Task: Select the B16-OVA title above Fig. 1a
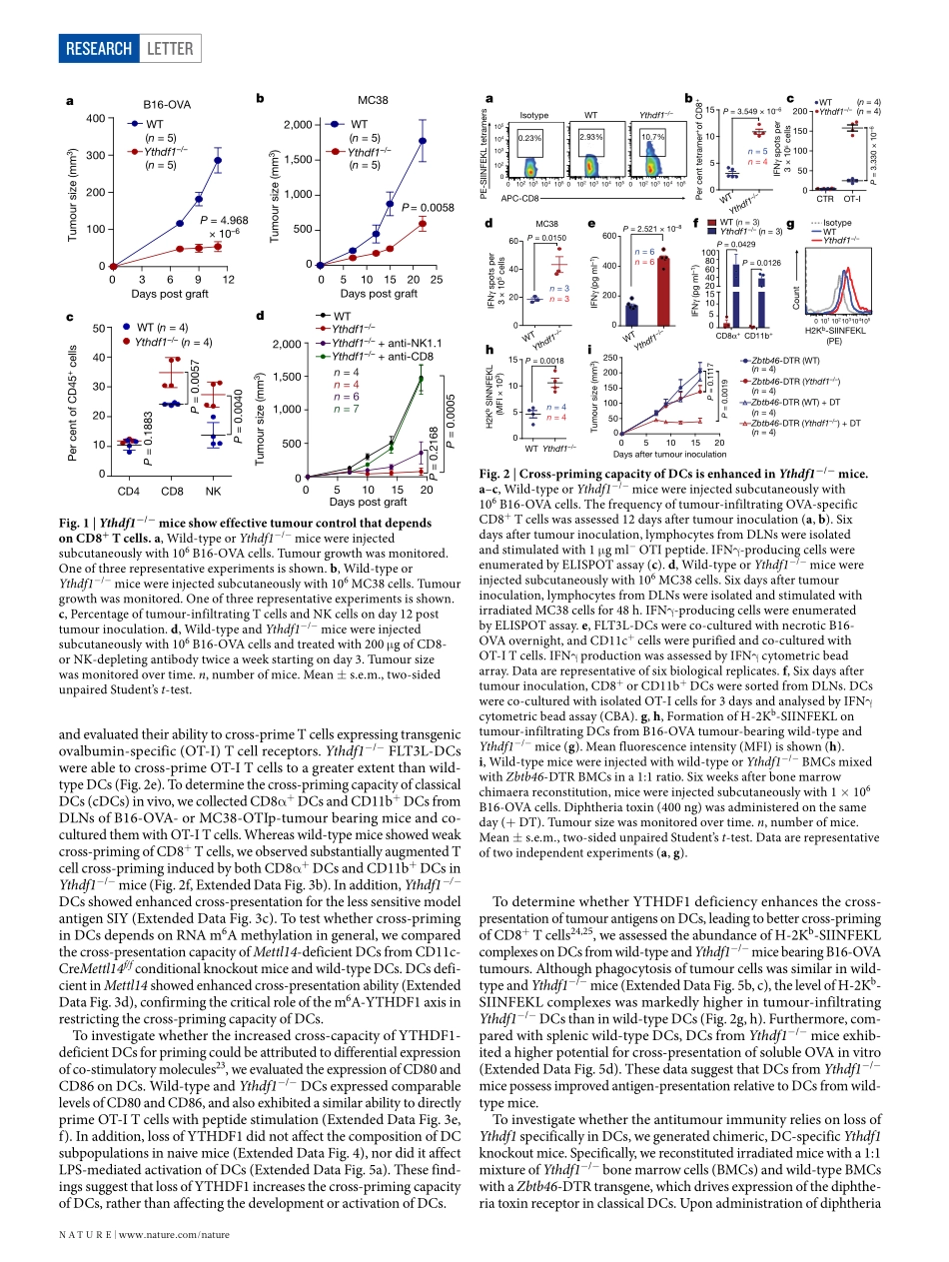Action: (166, 104)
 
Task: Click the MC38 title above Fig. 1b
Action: (372, 101)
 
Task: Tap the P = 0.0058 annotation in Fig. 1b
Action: (428, 208)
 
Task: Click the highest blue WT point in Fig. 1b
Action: (423, 141)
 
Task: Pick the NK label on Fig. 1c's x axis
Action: (213, 491)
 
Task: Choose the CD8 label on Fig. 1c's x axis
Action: (171, 491)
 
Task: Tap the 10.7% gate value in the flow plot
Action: (653, 136)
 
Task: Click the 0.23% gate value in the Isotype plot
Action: (530, 136)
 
